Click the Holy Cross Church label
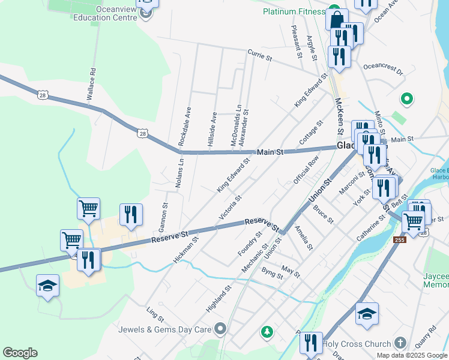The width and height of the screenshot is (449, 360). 357,344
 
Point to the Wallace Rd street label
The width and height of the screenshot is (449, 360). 91,83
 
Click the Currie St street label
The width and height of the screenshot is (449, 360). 260,56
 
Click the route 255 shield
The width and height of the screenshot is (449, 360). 400,240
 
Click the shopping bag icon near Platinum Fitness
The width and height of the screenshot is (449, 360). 337,19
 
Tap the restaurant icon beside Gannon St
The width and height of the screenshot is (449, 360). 130,214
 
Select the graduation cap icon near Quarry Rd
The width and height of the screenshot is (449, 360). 367,313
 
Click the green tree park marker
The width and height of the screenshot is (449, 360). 266,331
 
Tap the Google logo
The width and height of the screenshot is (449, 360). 20,353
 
